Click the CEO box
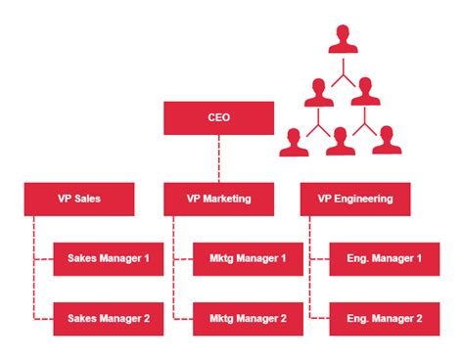point(219,118)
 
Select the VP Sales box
point(79,199)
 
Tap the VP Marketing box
point(219,199)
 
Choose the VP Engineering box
point(355,199)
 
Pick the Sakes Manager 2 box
point(108,318)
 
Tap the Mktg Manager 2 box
point(248,318)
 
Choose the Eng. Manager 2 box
point(384,318)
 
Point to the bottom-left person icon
point(292,143)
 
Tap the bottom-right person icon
point(387,143)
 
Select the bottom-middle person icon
point(340,143)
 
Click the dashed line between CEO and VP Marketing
point(219,157)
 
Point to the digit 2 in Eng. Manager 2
point(419,318)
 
